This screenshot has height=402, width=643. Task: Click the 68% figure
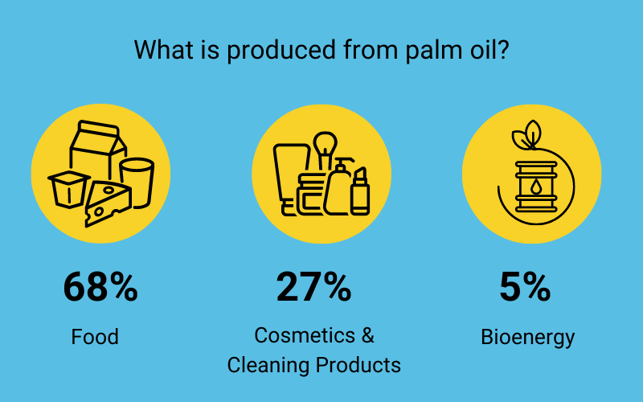100,287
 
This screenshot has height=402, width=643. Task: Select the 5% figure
525,287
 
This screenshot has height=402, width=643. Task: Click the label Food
95,336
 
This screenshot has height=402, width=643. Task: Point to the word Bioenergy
528,336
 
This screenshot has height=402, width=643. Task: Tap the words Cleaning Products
313,364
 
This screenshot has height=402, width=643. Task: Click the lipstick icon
359,191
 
